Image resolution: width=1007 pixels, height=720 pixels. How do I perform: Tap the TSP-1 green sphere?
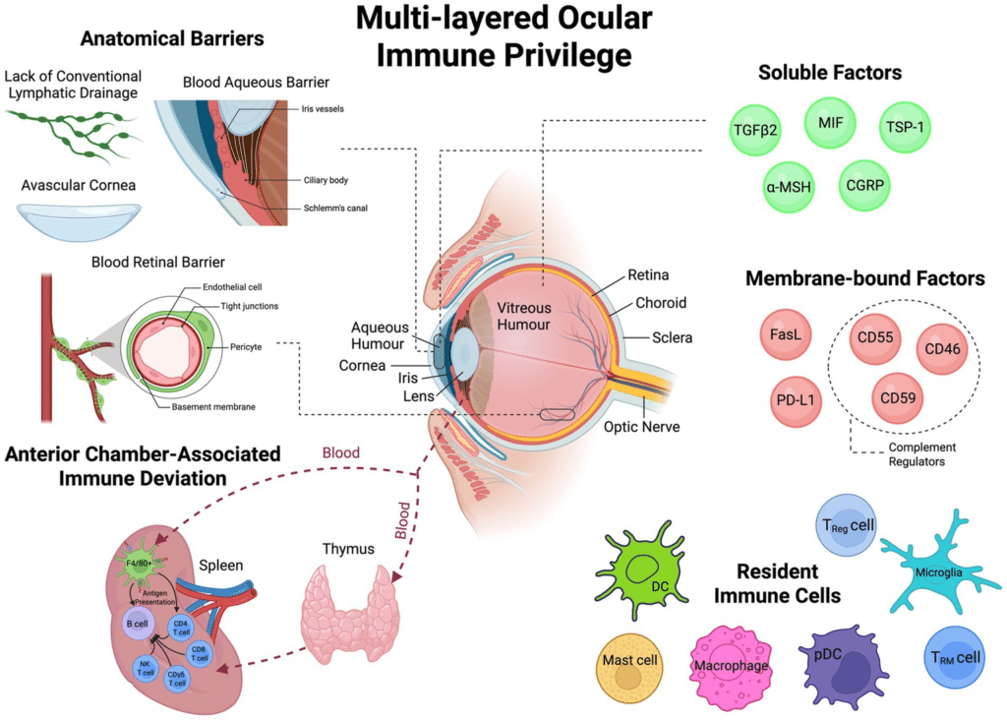coord(908,128)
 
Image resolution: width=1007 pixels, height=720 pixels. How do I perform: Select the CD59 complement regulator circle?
coord(899,397)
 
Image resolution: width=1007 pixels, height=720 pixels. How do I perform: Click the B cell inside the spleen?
coord(137,624)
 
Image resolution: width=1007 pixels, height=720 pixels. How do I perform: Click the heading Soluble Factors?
coord(830,73)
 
